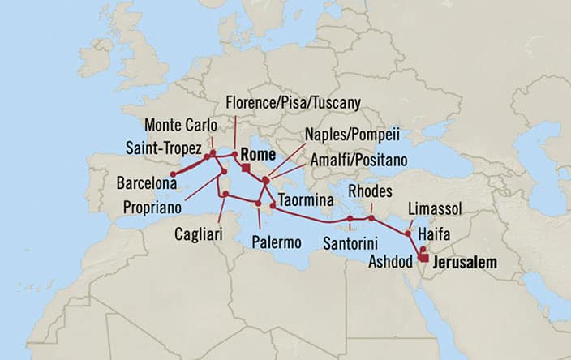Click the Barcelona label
(146, 183)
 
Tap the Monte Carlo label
(182, 126)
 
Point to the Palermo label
(276, 242)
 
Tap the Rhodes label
(370, 191)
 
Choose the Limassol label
(436, 209)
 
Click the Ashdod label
(391, 262)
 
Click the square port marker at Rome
(246, 168)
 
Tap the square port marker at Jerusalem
(423, 258)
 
